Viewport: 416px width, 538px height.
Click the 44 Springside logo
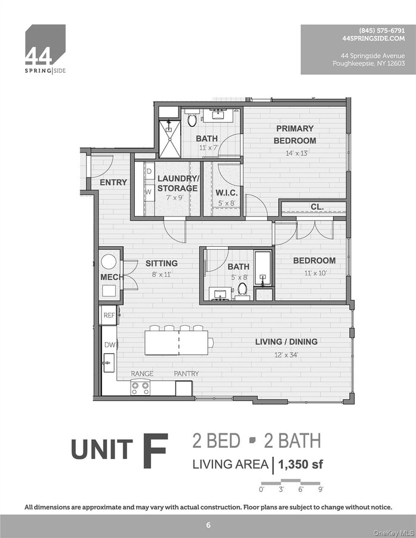point(45,49)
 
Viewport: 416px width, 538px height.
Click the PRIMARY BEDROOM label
point(294,134)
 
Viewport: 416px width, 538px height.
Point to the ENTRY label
point(113,182)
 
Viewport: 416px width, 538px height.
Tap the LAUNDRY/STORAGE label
point(177,184)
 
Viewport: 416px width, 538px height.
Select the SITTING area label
point(161,263)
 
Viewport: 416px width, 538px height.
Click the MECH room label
point(110,277)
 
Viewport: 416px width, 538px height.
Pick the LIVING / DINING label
point(286,342)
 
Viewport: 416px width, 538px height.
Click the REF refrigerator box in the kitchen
point(109,315)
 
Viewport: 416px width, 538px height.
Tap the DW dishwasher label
point(109,345)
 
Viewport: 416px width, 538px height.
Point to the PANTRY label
point(186,374)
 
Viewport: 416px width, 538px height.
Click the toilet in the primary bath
point(192,120)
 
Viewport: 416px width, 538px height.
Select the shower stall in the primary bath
point(170,139)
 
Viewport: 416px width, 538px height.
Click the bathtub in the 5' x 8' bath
point(263,268)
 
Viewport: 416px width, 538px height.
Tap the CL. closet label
point(317,207)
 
